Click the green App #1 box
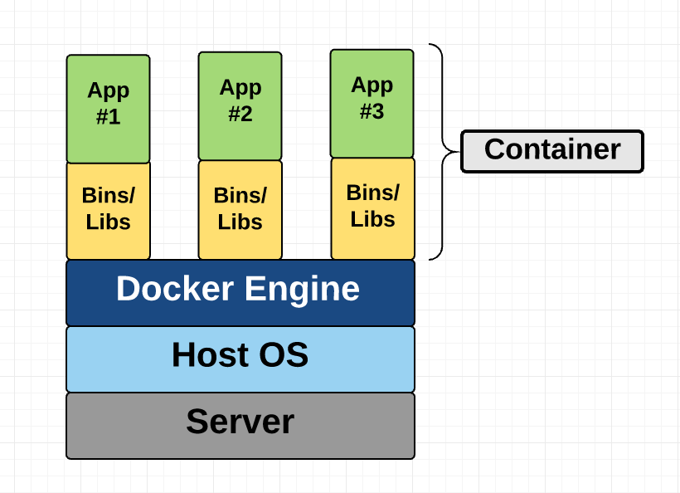pos(108,109)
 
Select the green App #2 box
pos(240,105)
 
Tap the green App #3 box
pos(372,103)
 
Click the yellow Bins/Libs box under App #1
pos(108,211)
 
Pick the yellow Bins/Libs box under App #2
pos(240,210)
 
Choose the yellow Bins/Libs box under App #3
pos(372,208)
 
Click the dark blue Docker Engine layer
pos(240,292)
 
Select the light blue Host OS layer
pos(240,359)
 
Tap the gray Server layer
pos(240,425)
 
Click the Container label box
pos(551,151)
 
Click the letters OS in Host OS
pos(282,355)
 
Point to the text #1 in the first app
pos(108,117)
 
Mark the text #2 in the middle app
pos(240,115)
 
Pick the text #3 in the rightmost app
pos(372,112)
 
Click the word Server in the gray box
pos(240,422)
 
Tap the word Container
pos(551,149)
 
